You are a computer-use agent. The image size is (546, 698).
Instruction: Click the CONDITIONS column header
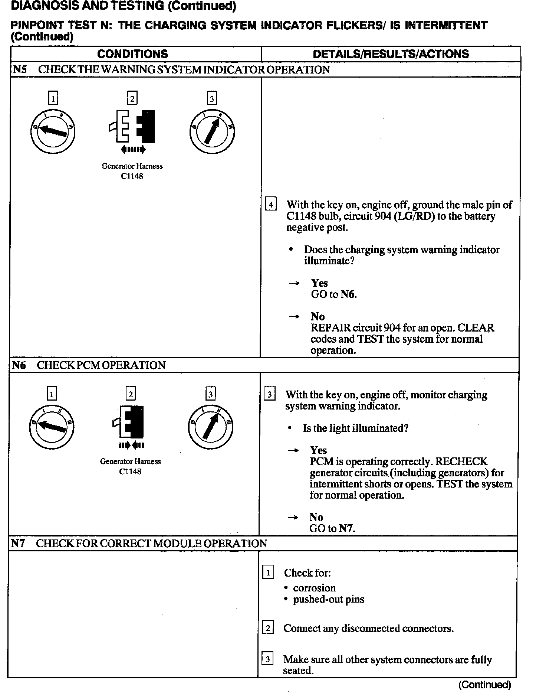(x=132, y=54)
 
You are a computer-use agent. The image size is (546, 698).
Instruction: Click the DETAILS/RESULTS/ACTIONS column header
(x=391, y=54)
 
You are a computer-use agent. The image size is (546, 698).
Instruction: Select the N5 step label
(x=20, y=70)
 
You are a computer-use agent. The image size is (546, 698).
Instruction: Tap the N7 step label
(x=18, y=544)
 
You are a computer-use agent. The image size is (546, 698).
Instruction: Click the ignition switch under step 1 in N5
(x=53, y=132)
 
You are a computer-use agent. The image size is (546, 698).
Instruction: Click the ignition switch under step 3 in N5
(x=212, y=132)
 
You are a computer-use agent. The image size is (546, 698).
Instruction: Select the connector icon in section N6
(x=130, y=422)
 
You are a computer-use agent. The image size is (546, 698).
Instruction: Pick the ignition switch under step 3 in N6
(x=210, y=426)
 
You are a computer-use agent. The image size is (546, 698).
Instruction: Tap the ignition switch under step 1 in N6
(x=51, y=427)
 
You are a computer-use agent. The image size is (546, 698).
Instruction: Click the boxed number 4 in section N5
(x=271, y=205)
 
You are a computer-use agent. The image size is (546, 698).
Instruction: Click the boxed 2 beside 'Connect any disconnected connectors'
(x=268, y=628)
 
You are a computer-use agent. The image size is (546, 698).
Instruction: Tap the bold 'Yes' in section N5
(x=319, y=283)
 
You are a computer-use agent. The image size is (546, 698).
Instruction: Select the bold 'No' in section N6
(x=316, y=517)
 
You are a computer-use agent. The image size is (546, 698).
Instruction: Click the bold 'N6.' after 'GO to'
(x=348, y=294)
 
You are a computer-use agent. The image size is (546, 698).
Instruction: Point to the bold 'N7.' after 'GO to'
(x=347, y=528)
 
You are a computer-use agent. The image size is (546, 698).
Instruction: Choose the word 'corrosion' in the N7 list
(x=314, y=588)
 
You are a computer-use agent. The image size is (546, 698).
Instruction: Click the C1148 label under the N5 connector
(x=132, y=176)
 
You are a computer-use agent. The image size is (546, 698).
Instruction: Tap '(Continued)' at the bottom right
(x=484, y=685)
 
